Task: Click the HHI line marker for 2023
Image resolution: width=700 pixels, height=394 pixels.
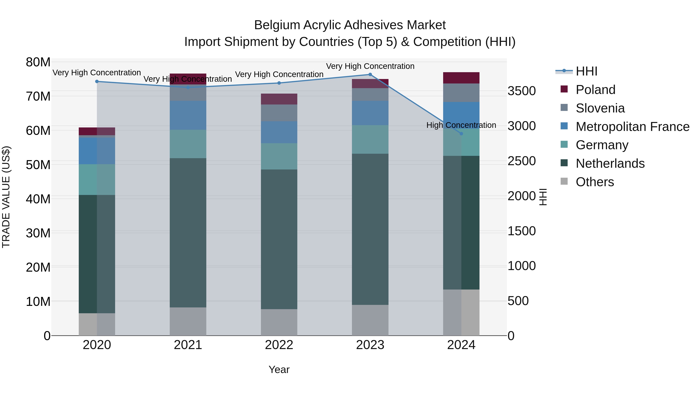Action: (x=370, y=75)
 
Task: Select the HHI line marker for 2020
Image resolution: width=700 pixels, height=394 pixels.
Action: (x=97, y=82)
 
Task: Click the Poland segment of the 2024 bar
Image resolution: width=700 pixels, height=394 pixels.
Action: (x=461, y=78)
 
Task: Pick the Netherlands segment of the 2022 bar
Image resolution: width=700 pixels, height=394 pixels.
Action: (x=279, y=239)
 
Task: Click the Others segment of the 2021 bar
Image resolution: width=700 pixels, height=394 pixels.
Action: (x=188, y=321)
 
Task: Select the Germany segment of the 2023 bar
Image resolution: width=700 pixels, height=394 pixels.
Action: (x=370, y=140)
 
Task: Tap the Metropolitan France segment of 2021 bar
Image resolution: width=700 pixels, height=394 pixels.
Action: (x=188, y=115)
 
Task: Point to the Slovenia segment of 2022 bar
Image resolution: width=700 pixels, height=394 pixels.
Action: (x=279, y=113)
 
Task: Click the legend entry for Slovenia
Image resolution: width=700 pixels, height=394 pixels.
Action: (x=600, y=108)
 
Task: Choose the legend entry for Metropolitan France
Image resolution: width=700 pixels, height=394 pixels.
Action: (x=632, y=127)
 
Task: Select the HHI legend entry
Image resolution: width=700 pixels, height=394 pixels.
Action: (x=586, y=71)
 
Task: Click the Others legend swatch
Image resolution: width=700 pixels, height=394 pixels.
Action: (x=564, y=181)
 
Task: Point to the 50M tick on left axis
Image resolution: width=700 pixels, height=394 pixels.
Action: (x=38, y=165)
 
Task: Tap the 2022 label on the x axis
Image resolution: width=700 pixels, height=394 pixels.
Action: (x=279, y=345)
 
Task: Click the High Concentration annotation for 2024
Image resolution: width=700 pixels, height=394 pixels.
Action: (x=461, y=125)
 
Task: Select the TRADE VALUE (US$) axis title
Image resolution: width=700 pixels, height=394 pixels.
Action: (x=6, y=197)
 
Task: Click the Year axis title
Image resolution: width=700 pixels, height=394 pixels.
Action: (x=279, y=369)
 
